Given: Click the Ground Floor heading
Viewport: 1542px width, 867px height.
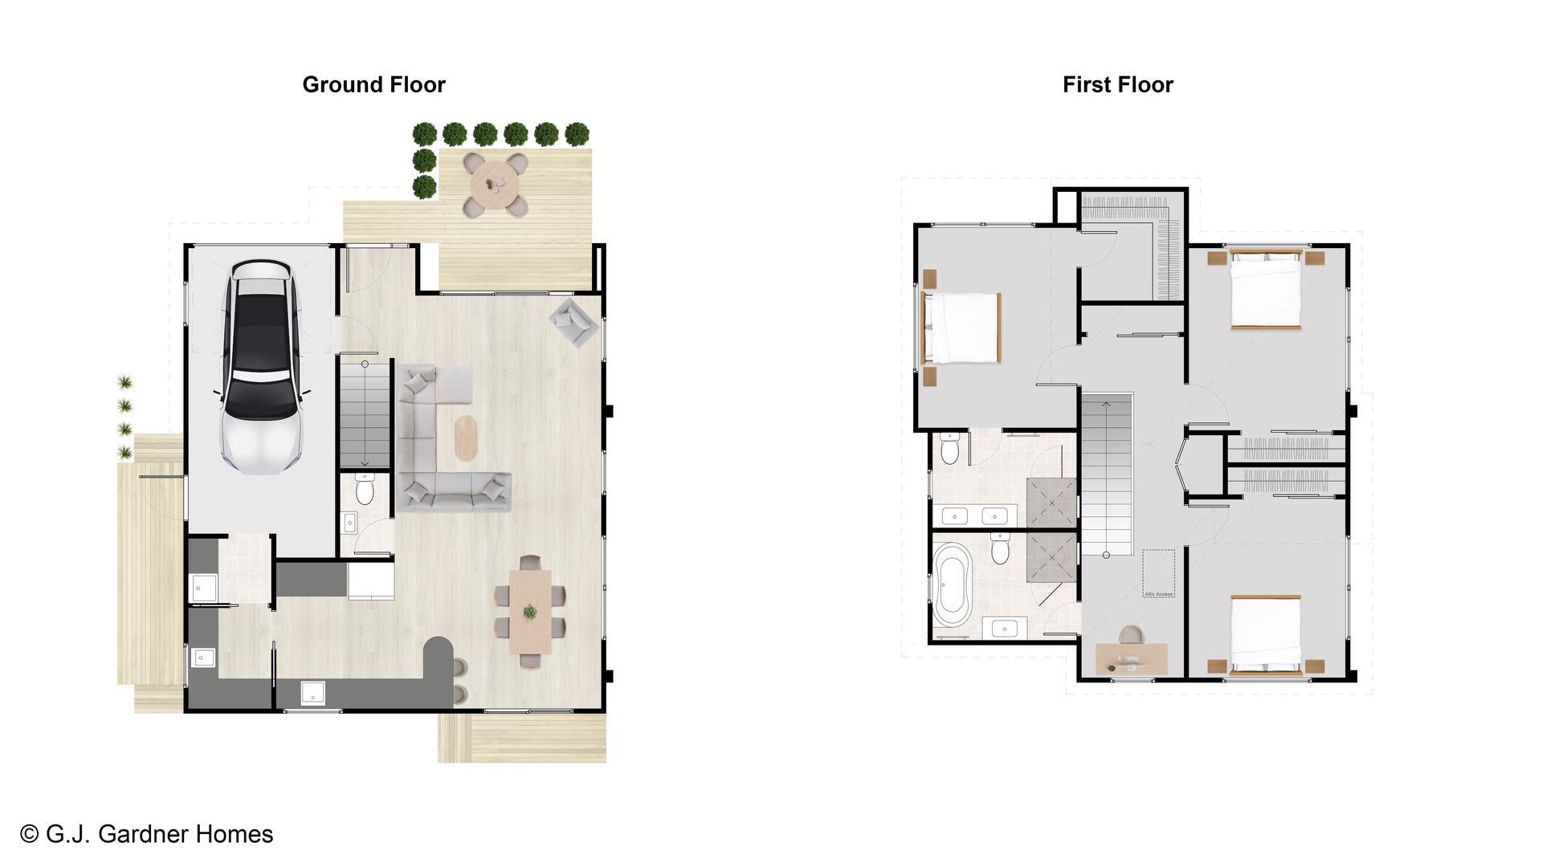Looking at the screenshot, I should pyautogui.click(x=373, y=84).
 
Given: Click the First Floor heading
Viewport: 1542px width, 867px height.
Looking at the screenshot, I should pyautogui.click(x=1117, y=84).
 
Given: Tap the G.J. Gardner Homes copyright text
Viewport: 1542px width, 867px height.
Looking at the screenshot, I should pyautogui.click(x=147, y=834).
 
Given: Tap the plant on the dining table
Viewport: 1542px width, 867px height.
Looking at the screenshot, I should pyautogui.click(x=530, y=612).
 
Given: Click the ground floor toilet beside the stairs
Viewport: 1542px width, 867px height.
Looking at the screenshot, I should pyautogui.click(x=365, y=489).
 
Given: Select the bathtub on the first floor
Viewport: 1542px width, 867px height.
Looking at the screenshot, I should pyautogui.click(x=953, y=585).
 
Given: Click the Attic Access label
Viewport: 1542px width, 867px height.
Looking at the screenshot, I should pyautogui.click(x=1158, y=594).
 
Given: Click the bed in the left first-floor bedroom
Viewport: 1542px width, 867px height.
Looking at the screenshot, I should pyautogui.click(x=961, y=328).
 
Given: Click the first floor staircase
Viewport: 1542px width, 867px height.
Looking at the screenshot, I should pyautogui.click(x=1106, y=474).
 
